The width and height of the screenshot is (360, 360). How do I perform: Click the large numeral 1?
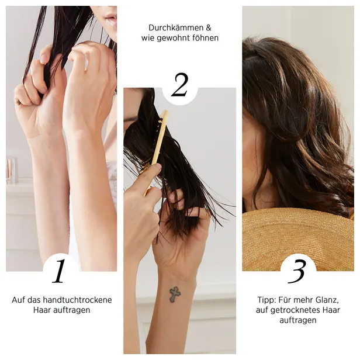pos(59,271)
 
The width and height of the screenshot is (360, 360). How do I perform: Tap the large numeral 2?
pos(180,85)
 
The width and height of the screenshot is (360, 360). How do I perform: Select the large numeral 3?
pos(297,271)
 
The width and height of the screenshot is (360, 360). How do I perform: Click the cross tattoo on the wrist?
pos(175,294)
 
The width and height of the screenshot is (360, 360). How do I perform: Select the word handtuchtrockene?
pos(77,300)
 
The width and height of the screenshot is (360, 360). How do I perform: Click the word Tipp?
pos(266,300)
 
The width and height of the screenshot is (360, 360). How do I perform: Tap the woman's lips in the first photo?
pos(110,19)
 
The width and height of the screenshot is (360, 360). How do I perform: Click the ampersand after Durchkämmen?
pos(208,28)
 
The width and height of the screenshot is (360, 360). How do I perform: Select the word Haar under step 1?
pos(42,310)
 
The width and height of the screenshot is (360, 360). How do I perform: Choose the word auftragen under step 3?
pos(298,320)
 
